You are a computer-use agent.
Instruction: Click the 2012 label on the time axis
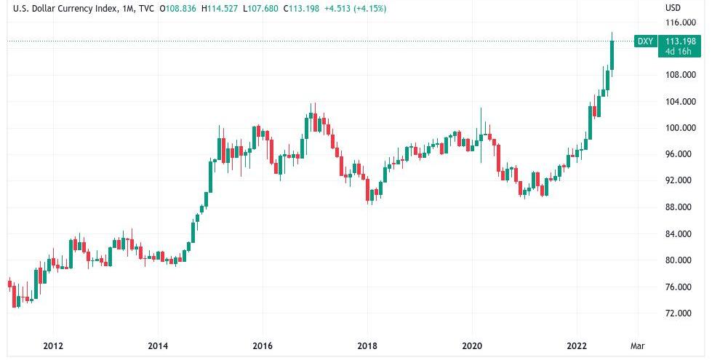53,345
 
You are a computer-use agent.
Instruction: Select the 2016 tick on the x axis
263,345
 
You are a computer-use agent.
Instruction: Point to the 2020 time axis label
472,345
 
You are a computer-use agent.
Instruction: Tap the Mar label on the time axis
637,345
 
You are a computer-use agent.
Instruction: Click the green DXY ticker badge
644,41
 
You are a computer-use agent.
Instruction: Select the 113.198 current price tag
680,41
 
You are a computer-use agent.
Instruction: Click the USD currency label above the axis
673,8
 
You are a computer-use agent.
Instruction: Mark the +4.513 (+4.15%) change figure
357,9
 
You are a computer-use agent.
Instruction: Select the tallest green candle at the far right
612,55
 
